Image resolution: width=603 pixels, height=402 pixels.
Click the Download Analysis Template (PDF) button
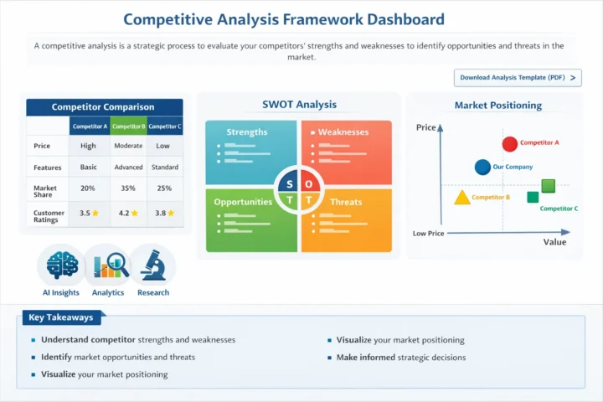pyautogui.click(x=517, y=78)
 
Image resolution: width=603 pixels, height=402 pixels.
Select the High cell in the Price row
pyautogui.click(x=88, y=146)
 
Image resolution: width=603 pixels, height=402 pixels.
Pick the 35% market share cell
pyautogui.click(x=128, y=188)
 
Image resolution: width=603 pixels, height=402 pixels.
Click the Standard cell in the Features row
pyautogui.click(x=164, y=167)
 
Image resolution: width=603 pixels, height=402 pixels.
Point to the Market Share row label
pyautogui.click(x=45, y=188)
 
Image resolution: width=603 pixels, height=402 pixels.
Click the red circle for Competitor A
pyautogui.click(x=509, y=144)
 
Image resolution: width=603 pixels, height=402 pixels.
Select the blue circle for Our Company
pyautogui.click(x=482, y=167)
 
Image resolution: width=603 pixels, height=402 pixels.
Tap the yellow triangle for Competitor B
pyautogui.click(x=461, y=198)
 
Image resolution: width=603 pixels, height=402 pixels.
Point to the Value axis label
pyautogui.click(x=554, y=242)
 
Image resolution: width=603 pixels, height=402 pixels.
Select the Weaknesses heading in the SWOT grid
pyautogui.click(x=343, y=132)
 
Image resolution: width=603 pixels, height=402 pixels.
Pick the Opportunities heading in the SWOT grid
pyautogui.click(x=242, y=202)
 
